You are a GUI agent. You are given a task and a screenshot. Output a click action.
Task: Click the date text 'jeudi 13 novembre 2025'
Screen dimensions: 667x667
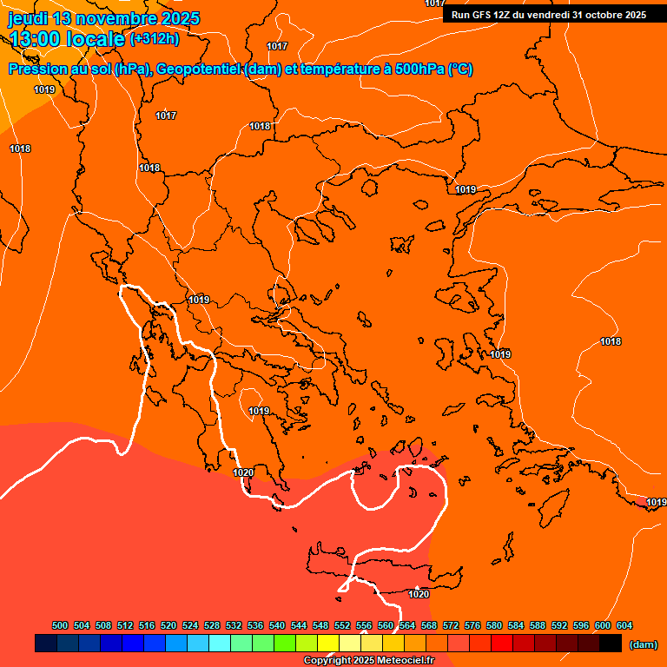pos(103,18)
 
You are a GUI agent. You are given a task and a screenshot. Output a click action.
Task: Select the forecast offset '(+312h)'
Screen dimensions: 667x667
pos(155,39)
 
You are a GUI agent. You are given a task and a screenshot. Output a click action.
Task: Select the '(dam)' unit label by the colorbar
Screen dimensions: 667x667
pos(643,644)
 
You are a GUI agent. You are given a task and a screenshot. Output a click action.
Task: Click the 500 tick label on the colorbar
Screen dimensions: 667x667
pos(60,625)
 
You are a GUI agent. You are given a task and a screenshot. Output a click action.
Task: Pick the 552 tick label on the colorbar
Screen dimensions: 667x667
pos(342,625)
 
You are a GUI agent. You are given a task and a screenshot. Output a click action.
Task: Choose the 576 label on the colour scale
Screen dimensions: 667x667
pos(472,625)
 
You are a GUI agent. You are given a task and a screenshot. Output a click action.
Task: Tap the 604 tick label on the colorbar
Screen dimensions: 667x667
pos(624,625)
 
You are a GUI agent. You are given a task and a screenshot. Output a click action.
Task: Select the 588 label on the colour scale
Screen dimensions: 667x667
pos(538,625)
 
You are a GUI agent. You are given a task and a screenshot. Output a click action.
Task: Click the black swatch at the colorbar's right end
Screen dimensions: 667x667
pos(611,644)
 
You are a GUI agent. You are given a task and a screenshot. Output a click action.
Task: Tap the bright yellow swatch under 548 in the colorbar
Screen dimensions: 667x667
pos(328,644)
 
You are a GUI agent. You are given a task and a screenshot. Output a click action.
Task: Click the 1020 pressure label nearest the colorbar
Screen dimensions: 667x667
pos(419,594)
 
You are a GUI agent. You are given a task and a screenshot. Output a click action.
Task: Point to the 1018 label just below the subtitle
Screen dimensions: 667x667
pos(260,126)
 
